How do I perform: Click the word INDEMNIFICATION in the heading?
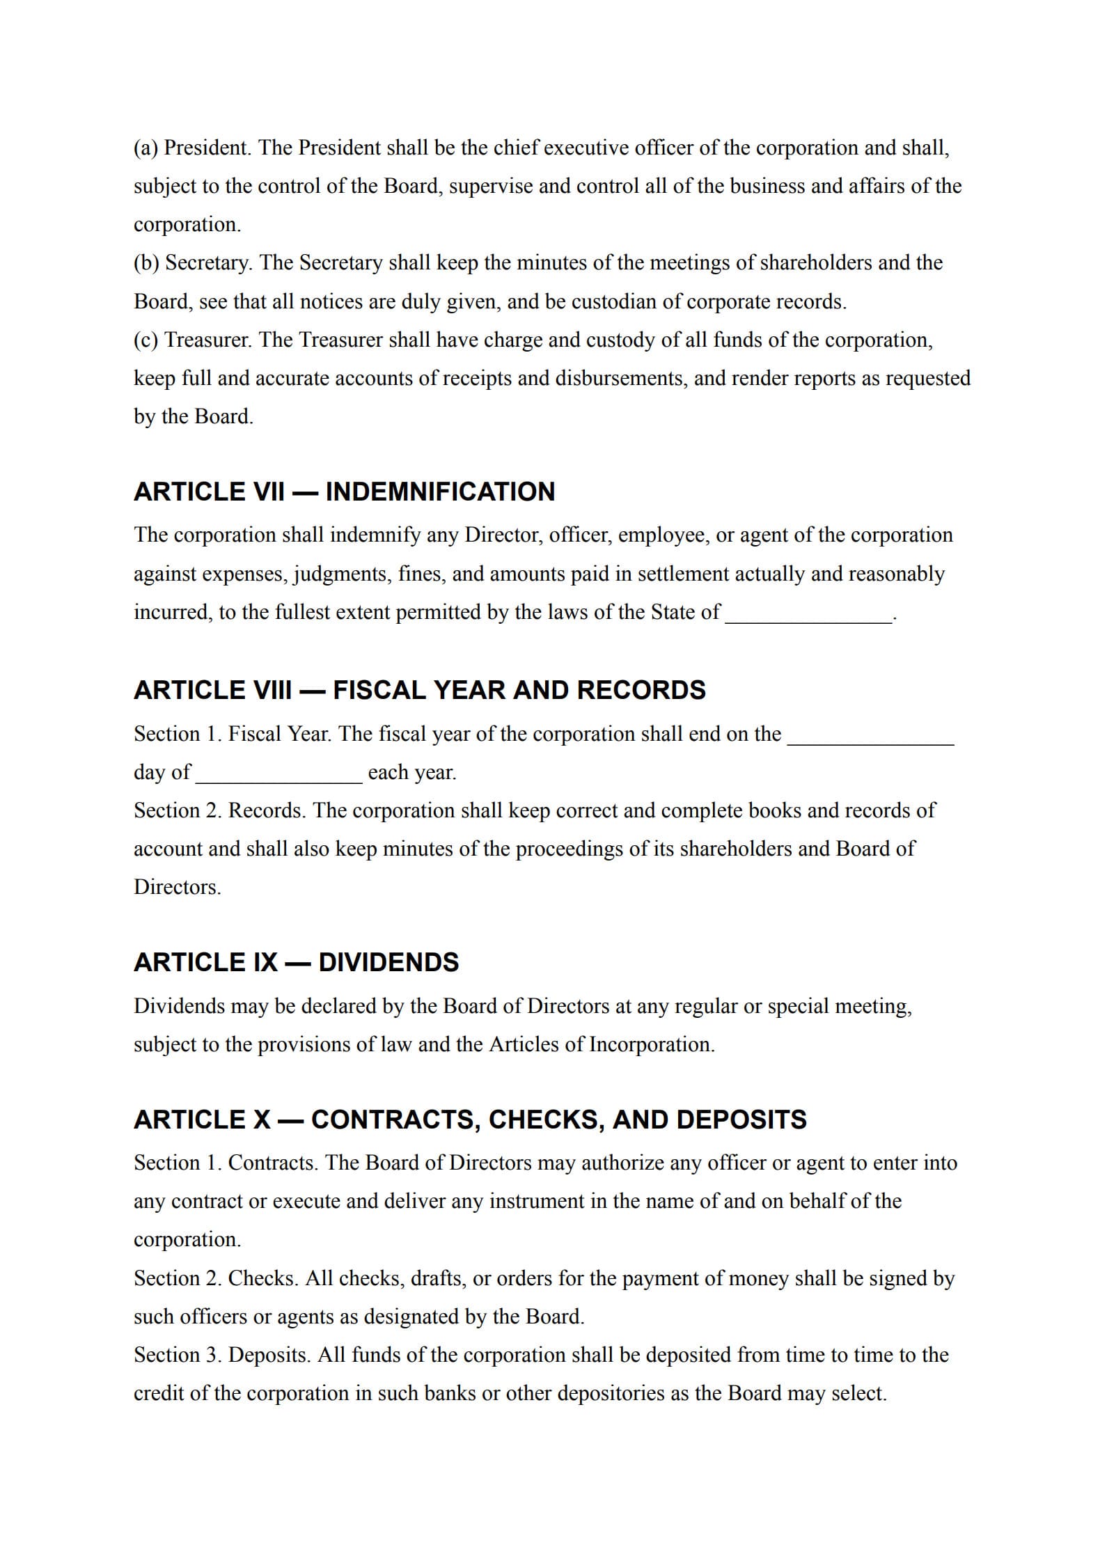[x=440, y=492]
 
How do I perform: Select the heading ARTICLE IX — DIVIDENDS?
[x=296, y=963]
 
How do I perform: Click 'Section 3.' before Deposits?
[x=178, y=1356]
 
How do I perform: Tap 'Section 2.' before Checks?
[x=178, y=1279]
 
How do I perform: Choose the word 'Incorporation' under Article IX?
[x=652, y=1045]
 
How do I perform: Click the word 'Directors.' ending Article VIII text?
[x=177, y=888]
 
